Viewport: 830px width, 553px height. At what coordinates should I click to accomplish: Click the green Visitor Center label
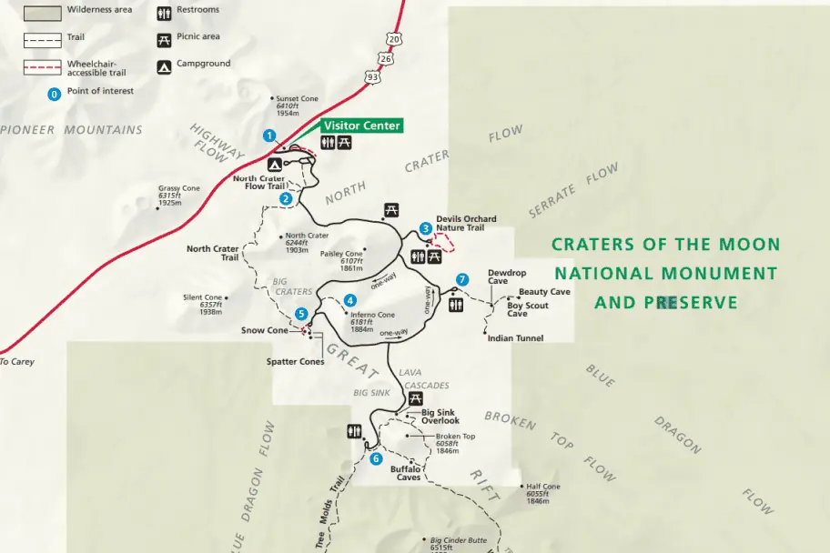click(x=361, y=126)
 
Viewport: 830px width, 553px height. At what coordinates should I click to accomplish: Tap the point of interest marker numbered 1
click(x=268, y=136)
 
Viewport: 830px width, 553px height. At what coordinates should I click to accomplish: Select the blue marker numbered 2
click(x=286, y=198)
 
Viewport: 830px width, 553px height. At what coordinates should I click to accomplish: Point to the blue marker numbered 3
click(x=425, y=228)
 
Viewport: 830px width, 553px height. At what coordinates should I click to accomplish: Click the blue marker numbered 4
click(x=349, y=300)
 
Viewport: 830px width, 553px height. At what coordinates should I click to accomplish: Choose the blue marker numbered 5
click(x=301, y=314)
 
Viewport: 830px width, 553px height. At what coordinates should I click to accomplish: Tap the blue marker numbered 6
click(x=376, y=458)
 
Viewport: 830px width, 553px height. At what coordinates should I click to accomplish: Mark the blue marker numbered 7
click(x=462, y=279)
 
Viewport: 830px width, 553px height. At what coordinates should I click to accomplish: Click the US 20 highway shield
click(x=393, y=39)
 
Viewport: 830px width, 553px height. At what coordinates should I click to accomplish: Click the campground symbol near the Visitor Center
click(x=275, y=165)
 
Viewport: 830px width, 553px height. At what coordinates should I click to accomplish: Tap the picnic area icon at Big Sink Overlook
click(x=416, y=398)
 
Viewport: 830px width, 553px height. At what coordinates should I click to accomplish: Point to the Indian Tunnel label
click(x=515, y=338)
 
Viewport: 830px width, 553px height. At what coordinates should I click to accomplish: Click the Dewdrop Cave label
click(x=507, y=276)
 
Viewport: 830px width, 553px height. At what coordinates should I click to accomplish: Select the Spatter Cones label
click(x=295, y=361)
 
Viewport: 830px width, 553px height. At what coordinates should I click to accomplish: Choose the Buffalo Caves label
click(x=406, y=473)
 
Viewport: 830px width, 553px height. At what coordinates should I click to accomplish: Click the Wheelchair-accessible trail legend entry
click(x=96, y=67)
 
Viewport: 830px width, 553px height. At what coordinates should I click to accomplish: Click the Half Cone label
click(x=542, y=487)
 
